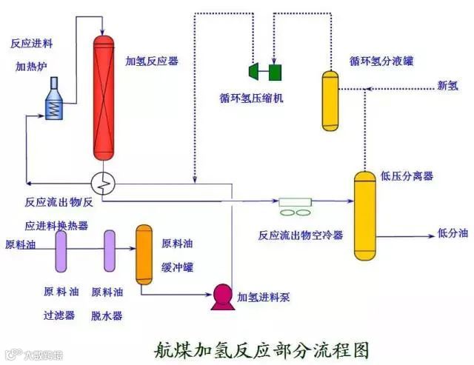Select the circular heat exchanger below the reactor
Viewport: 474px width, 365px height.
click(x=105, y=180)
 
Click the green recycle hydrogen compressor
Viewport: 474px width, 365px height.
click(x=266, y=71)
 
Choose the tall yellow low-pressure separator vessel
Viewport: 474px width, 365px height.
click(x=364, y=213)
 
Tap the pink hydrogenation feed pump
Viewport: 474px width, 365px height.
click(x=221, y=295)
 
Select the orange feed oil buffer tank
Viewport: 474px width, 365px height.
click(x=144, y=255)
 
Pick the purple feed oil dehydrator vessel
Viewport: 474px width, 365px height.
click(x=110, y=251)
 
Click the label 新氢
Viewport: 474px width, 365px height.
click(x=447, y=86)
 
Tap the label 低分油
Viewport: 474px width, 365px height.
click(x=452, y=233)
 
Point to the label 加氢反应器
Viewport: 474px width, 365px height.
click(x=152, y=60)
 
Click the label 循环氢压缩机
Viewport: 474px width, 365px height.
click(x=251, y=97)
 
